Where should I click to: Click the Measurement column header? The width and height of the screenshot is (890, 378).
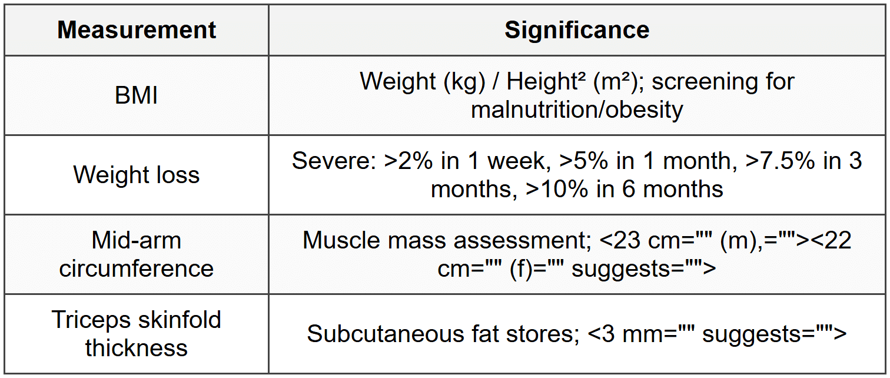tap(137, 31)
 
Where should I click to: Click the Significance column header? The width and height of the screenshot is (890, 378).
tap(577, 31)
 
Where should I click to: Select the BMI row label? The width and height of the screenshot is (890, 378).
tap(137, 95)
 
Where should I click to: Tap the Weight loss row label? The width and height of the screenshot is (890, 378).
tap(137, 175)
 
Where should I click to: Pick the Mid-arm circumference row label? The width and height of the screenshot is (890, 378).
tap(137, 254)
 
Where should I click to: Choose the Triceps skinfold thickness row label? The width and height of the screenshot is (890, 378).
tap(137, 334)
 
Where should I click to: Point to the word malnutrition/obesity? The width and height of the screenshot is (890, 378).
tap(577, 110)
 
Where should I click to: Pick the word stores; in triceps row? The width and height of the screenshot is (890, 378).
tap(546, 334)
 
